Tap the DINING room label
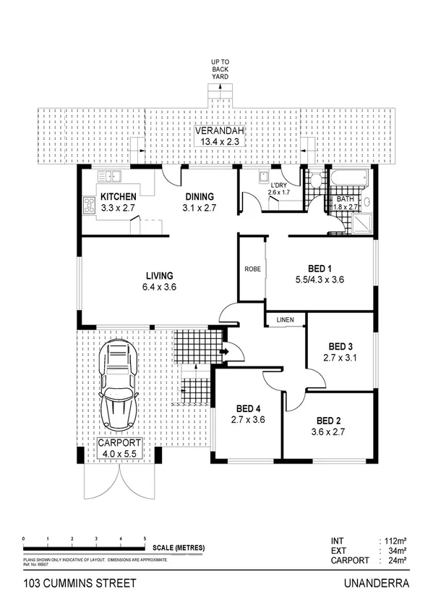200,197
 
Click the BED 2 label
328,420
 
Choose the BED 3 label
340,346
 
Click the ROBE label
252,269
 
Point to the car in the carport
119,384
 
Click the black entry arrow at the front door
224,353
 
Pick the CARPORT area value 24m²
395,560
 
